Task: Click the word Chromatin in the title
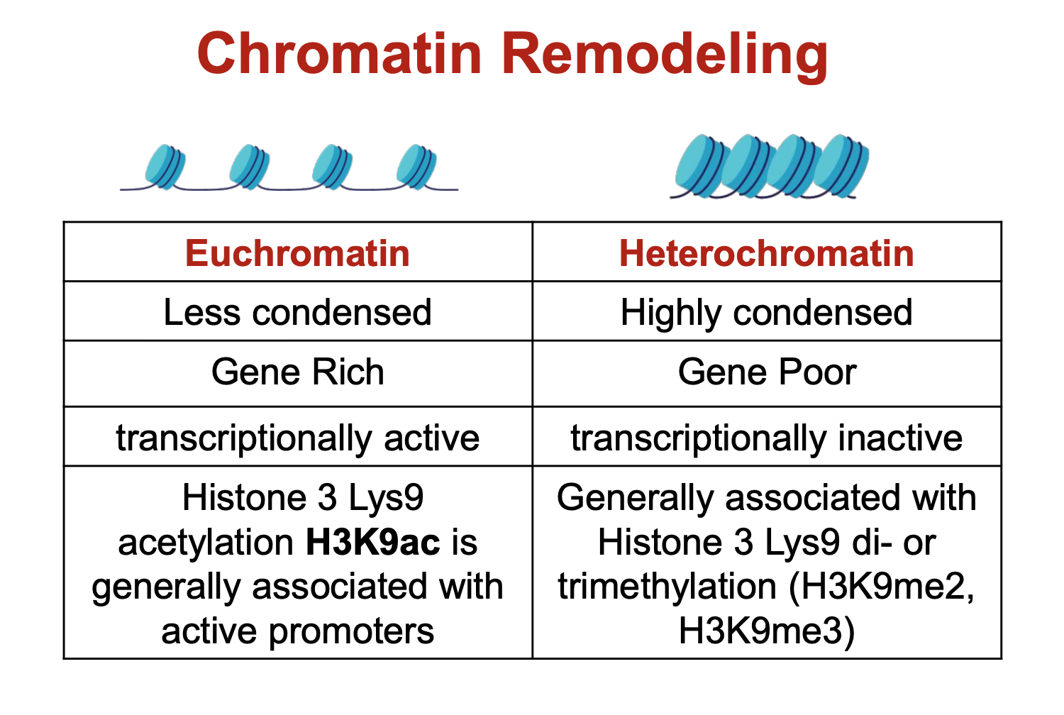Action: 339,54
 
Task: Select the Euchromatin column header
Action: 297,253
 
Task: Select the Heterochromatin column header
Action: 766,253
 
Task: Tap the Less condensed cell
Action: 297,312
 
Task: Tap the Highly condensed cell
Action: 766,312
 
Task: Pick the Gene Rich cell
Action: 297,372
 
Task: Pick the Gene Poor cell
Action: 766,372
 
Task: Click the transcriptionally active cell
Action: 297,438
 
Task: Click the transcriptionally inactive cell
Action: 766,438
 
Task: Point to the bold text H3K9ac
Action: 372,543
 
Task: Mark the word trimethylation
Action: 667,587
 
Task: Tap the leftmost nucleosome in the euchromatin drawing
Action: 165,167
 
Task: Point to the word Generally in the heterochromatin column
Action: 635,498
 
